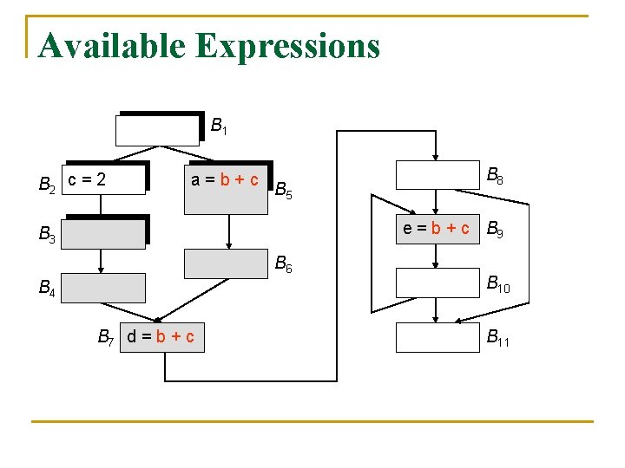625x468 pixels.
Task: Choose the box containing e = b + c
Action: click(x=437, y=230)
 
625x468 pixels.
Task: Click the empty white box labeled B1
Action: click(x=157, y=130)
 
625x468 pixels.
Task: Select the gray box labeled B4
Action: click(x=102, y=287)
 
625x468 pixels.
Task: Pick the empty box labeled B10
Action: click(x=437, y=283)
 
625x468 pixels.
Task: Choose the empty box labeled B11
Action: click(x=437, y=338)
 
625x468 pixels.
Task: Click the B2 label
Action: click(x=48, y=184)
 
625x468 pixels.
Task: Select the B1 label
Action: click(x=219, y=127)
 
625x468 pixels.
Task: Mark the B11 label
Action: click(x=497, y=338)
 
